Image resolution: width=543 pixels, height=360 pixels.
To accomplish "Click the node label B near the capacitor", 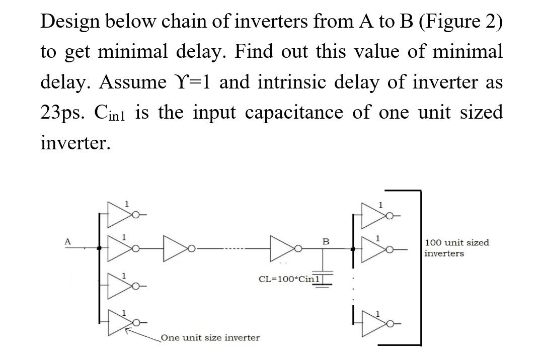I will (326, 242).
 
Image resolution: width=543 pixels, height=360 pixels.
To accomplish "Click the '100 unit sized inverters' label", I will (456, 248).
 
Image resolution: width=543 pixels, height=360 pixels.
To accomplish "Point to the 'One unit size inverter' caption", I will (210, 337).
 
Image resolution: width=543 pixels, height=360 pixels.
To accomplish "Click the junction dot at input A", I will (99, 248).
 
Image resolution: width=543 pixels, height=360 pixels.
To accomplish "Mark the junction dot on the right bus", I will (353, 248).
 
